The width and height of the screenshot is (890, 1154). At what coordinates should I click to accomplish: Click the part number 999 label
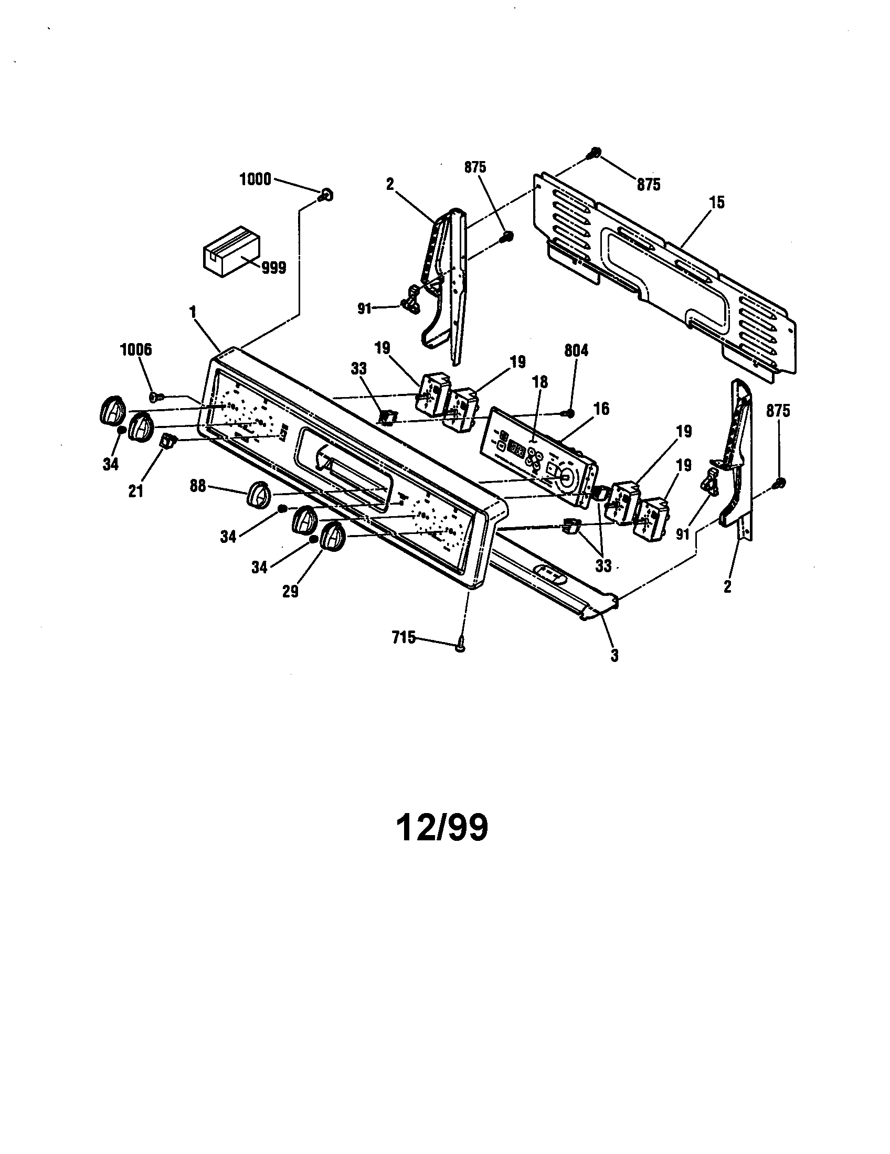[274, 268]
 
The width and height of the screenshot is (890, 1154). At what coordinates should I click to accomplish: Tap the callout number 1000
[255, 179]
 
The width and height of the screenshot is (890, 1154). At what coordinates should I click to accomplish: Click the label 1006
[136, 349]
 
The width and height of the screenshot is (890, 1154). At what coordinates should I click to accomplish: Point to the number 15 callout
[717, 202]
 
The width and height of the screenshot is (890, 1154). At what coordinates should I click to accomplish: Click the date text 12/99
[442, 828]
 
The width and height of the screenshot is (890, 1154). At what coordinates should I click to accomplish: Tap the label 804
[576, 351]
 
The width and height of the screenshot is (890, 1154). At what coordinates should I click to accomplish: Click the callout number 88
[198, 486]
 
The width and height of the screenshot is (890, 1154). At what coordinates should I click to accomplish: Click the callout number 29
[290, 591]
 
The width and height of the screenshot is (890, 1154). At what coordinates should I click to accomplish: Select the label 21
[136, 491]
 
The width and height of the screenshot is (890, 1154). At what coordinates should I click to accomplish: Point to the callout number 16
[601, 409]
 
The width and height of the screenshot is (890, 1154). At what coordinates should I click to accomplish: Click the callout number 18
[540, 382]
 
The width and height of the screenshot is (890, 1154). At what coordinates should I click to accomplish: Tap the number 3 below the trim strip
[614, 656]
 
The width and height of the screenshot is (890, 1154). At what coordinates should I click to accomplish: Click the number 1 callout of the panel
[193, 312]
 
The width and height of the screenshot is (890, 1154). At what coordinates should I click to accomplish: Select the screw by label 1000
[326, 196]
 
